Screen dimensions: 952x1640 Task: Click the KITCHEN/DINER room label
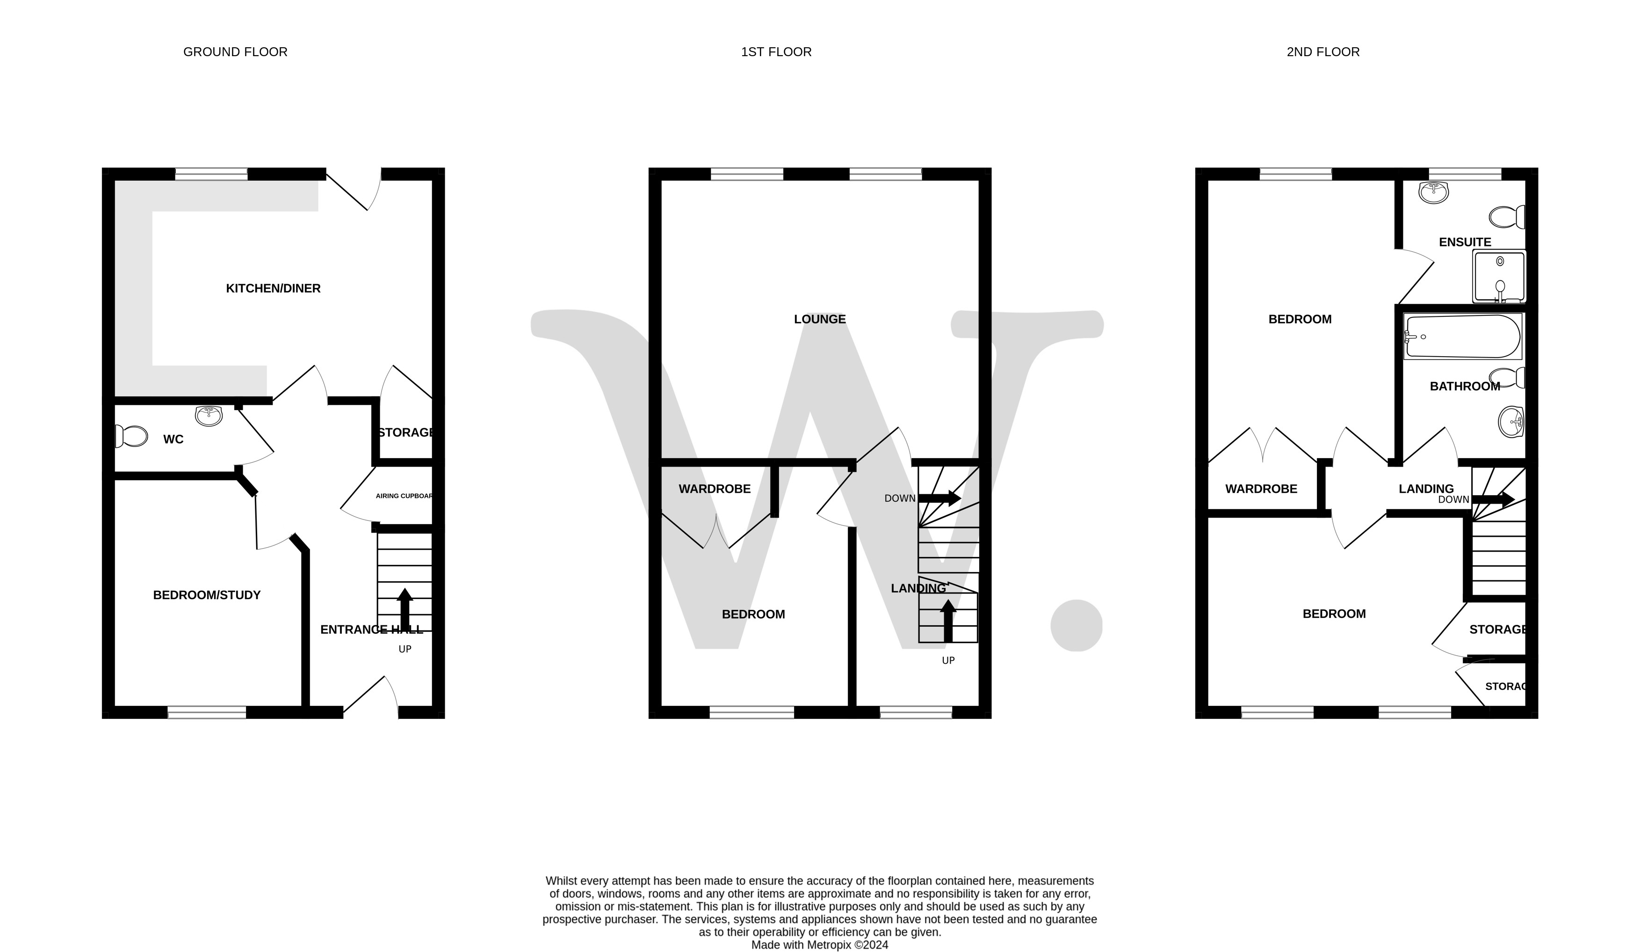pos(273,288)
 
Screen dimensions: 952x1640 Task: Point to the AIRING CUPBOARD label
pos(404,496)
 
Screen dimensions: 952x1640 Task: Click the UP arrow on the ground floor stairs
pos(405,609)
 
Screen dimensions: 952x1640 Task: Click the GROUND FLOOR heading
pos(235,52)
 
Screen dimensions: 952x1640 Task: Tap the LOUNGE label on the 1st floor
pos(819,319)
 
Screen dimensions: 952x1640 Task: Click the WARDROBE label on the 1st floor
pos(714,489)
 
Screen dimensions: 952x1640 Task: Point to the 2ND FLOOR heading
pos(1322,52)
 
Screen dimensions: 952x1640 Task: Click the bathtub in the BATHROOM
pos(1462,337)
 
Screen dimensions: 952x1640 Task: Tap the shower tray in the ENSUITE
pos(1499,277)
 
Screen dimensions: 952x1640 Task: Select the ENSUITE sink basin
pos(1434,192)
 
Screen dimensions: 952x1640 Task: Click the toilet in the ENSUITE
pos(1507,217)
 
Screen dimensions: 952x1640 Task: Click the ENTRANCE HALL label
pos(371,630)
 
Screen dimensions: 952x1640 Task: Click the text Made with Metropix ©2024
pos(819,945)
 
